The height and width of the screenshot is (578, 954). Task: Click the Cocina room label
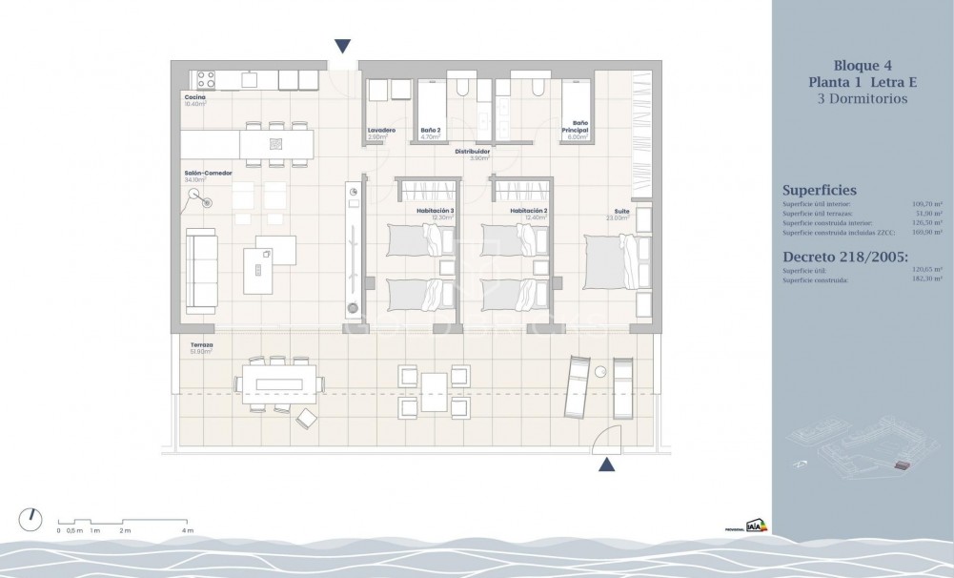(x=195, y=97)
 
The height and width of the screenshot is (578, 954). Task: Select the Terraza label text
(x=200, y=345)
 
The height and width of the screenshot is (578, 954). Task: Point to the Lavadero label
(x=381, y=130)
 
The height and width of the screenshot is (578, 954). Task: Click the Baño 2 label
(x=431, y=130)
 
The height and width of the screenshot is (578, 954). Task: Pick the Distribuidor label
(x=472, y=151)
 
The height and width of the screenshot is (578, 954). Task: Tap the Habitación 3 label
(x=435, y=211)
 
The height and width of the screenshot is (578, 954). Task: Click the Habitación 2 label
(x=527, y=211)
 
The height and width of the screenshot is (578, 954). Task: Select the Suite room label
(x=621, y=212)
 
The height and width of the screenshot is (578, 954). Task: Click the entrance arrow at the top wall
(x=343, y=46)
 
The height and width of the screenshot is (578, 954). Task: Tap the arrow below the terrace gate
(x=606, y=464)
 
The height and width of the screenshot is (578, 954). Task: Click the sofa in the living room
(x=202, y=270)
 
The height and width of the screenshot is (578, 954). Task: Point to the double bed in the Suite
(x=611, y=261)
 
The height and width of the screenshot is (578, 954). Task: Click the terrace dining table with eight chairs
(x=276, y=383)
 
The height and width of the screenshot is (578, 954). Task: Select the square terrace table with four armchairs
(x=434, y=389)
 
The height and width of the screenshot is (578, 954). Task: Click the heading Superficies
(x=819, y=190)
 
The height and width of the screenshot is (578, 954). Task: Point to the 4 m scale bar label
(x=188, y=530)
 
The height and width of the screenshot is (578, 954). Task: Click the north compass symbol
(x=30, y=519)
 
